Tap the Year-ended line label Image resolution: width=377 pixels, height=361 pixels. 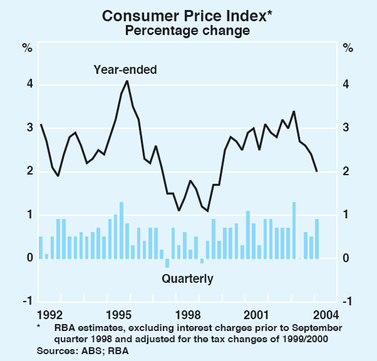pos(125,70)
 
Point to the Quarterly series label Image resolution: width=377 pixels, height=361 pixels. pos(188,278)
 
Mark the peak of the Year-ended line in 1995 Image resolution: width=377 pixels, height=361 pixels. pos(127,80)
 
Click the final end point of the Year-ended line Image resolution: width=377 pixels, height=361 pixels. pos(317,171)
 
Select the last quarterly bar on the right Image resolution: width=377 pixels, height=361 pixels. pos(317,239)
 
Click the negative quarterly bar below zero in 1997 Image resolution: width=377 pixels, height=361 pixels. pos(167,263)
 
